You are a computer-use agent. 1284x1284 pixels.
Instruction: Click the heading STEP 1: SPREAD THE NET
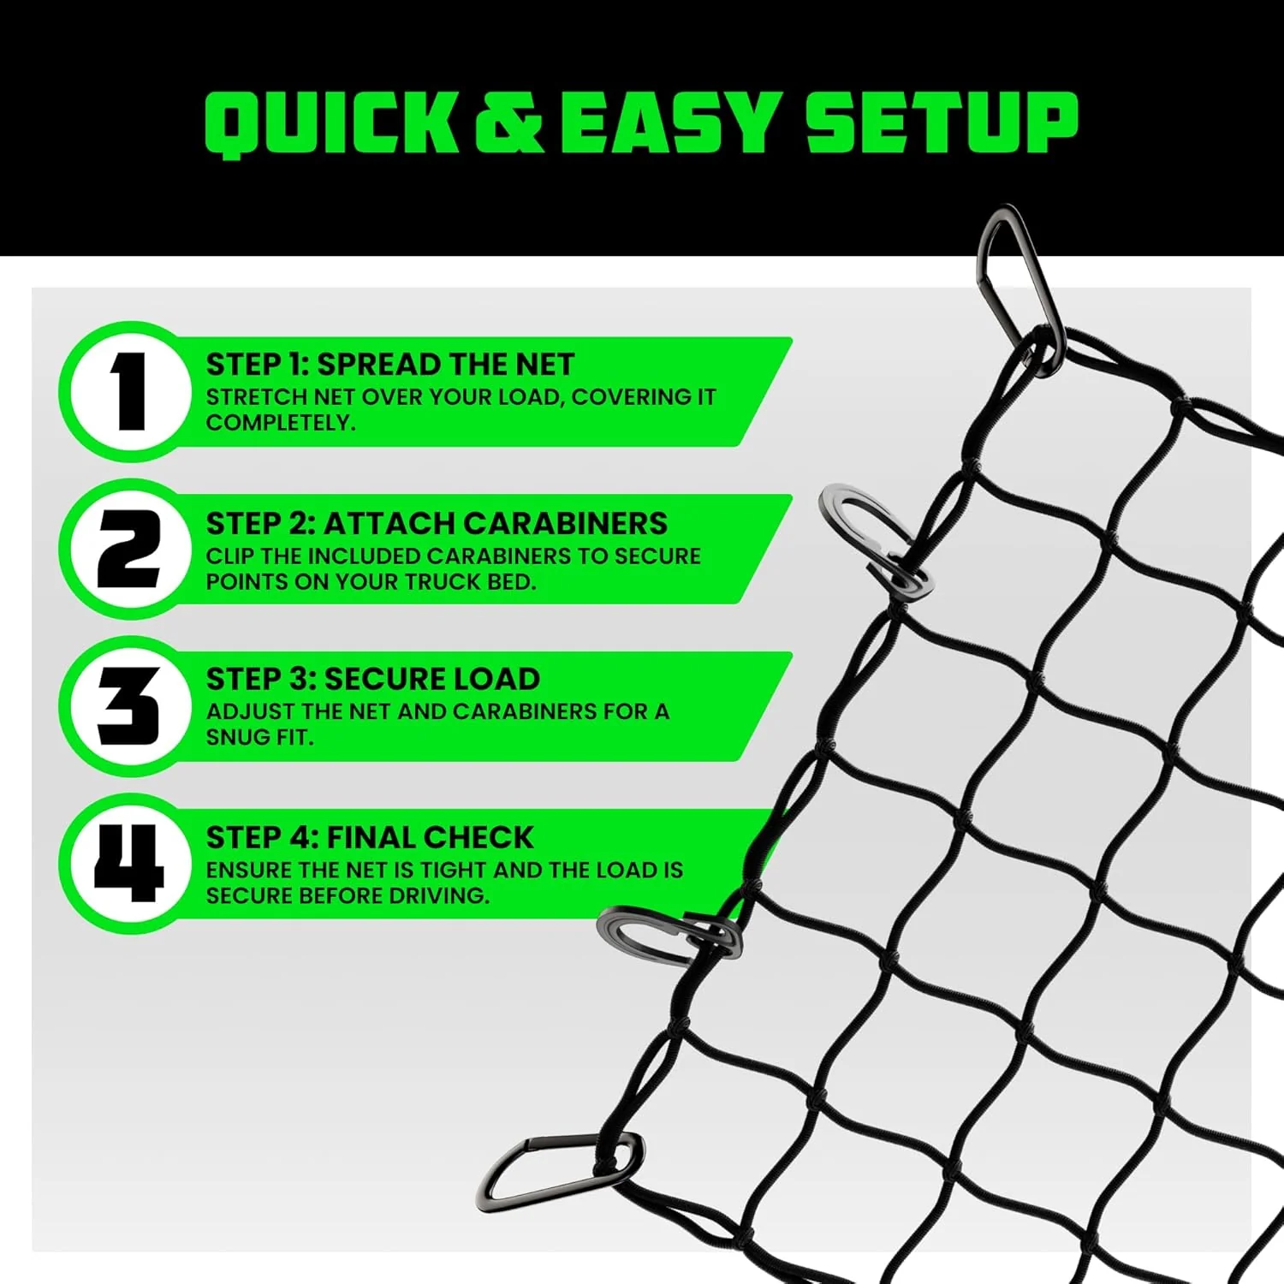(x=389, y=365)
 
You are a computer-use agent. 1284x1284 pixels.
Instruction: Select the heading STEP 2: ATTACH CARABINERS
(x=437, y=523)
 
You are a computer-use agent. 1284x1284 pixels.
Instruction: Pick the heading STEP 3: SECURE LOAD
(x=372, y=680)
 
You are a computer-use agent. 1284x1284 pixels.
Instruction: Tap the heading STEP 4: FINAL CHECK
(x=370, y=837)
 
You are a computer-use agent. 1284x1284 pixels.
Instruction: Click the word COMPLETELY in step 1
(x=280, y=423)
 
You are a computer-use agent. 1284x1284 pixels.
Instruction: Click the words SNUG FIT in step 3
(x=259, y=737)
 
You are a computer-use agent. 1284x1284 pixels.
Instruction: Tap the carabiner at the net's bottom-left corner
(x=561, y=1169)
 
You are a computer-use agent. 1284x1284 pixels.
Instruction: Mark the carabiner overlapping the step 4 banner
(x=663, y=936)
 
